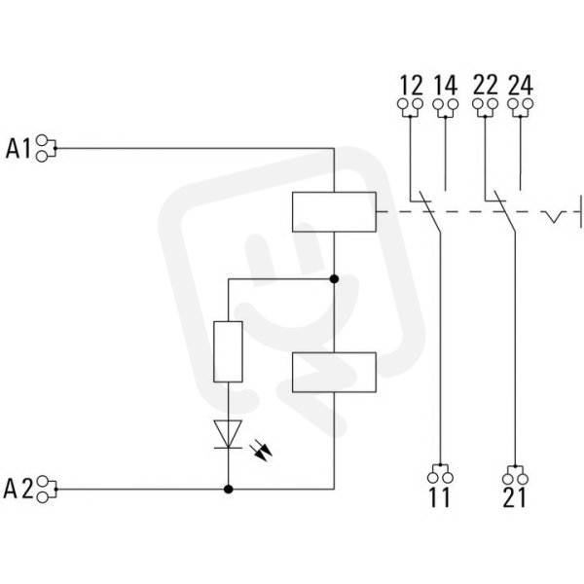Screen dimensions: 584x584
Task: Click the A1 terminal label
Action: coord(18,148)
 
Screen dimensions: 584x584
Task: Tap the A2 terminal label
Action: coord(18,489)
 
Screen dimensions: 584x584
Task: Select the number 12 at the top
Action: coord(411,86)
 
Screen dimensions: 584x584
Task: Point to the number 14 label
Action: coord(446,86)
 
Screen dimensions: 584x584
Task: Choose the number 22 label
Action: coord(486,85)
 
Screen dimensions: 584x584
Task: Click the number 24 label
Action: coord(521,85)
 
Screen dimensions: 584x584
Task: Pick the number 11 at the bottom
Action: coord(440,496)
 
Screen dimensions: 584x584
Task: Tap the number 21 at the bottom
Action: coord(514,496)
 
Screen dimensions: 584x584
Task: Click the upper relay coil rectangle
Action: coord(334,212)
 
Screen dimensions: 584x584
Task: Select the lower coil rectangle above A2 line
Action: coord(334,372)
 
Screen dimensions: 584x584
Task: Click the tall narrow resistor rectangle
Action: coord(228,351)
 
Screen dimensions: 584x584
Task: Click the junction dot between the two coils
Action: coord(334,278)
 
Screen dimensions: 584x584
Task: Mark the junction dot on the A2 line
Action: coord(229,489)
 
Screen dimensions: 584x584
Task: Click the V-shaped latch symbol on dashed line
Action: coord(554,217)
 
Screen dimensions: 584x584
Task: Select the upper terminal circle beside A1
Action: coord(42,140)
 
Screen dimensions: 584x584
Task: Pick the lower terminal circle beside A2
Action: coord(42,497)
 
